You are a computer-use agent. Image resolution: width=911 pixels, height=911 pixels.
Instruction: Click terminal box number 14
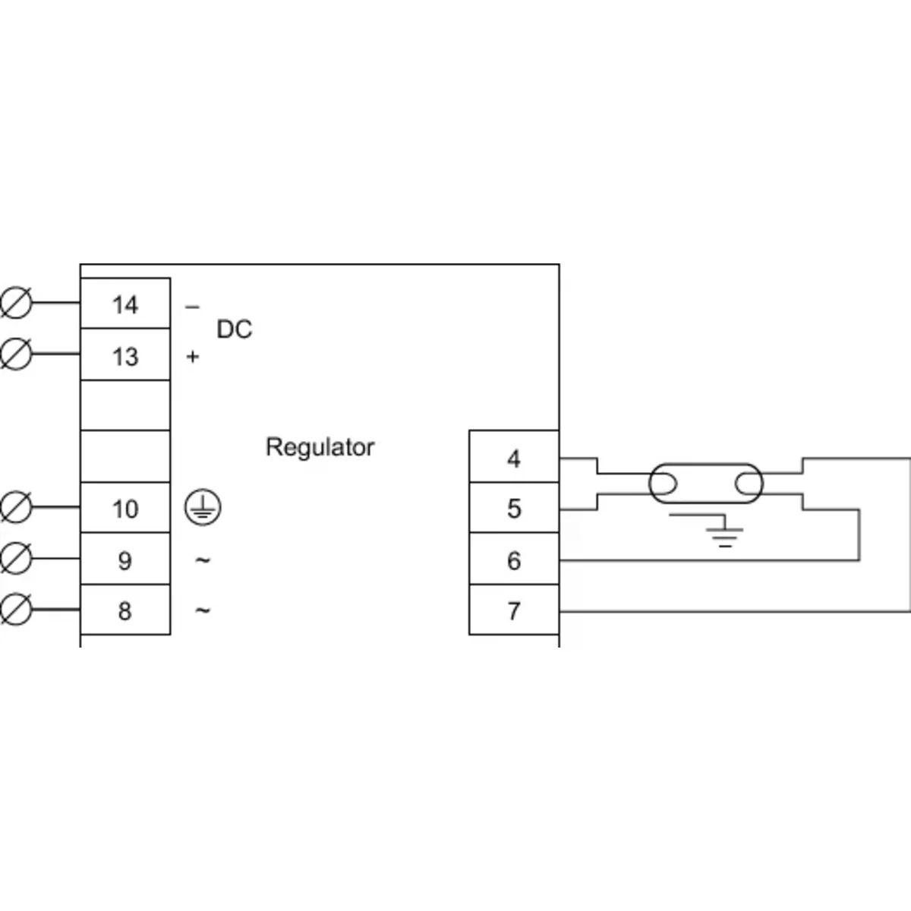(125, 304)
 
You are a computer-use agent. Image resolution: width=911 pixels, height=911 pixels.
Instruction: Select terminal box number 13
(125, 355)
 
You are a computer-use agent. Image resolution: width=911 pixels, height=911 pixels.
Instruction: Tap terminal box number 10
(125, 508)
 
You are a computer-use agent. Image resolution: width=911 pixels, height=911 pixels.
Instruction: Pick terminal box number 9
(125, 560)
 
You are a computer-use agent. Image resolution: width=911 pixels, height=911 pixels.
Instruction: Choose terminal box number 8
(125, 610)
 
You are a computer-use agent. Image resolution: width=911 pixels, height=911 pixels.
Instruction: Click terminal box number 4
(514, 458)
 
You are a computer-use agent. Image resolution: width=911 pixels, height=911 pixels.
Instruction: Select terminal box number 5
(514, 508)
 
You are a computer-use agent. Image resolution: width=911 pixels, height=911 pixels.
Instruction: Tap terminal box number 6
(514, 560)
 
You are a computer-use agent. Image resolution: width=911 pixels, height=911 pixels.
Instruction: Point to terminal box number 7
(514, 610)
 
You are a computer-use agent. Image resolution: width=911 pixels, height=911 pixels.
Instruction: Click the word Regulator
(320, 447)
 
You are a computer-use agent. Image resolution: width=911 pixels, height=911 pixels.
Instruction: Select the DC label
(234, 329)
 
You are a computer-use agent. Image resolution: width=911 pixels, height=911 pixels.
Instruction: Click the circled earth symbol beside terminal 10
(203, 508)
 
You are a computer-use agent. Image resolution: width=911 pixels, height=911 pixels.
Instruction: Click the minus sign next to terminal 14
(192, 307)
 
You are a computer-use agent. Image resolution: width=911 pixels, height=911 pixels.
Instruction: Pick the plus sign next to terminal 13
(192, 356)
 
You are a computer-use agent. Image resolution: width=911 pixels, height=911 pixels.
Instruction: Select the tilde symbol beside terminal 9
(203, 560)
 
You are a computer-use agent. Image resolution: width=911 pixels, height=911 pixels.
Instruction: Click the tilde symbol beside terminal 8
(203, 610)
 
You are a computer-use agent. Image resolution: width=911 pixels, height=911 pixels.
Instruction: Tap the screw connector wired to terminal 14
(16, 304)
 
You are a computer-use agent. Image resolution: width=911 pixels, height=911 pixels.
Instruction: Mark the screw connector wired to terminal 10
(16, 508)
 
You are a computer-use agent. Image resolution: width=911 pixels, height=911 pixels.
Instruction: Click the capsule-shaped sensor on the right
(705, 483)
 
